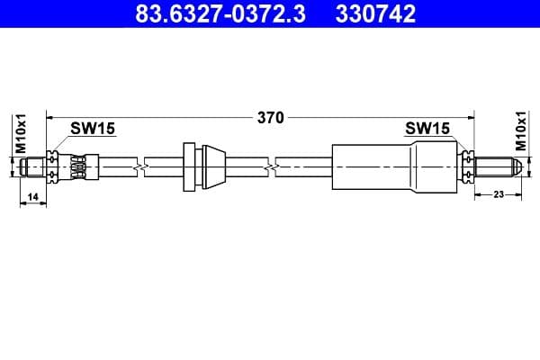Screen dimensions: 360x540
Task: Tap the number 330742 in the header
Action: point(373,14)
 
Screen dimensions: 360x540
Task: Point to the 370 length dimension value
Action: point(271,117)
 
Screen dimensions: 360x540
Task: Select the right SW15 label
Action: point(427,129)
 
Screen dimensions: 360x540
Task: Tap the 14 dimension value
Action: point(32,196)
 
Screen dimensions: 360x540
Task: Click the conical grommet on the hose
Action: point(211,166)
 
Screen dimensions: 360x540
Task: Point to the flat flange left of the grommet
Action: point(188,166)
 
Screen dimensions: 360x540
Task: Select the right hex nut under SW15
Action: point(467,166)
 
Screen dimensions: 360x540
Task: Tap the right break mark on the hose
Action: point(272,166)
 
